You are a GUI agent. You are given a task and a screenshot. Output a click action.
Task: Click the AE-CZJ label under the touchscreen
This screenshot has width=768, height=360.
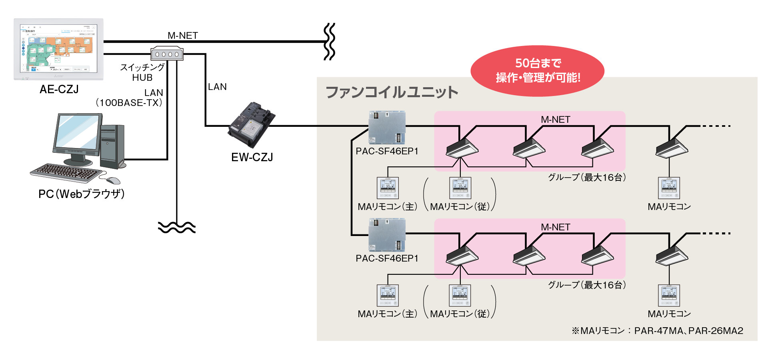[59, 89]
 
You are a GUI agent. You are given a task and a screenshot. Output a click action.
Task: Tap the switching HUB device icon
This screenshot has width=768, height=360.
[167, 54]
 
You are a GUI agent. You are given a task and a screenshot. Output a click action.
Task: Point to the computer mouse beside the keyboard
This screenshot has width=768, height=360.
[114, 180]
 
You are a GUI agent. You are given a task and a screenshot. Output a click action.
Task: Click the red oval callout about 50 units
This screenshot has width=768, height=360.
[538, 70]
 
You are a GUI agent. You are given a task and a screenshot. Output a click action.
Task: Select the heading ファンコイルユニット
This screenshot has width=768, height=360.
[392, 92]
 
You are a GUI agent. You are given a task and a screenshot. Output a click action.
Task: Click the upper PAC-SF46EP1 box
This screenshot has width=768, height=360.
[387, 128]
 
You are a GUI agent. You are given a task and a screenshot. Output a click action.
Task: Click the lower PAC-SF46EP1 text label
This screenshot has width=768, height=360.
[387, 258]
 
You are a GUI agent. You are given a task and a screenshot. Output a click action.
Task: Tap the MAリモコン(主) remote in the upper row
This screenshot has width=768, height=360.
[388, 188]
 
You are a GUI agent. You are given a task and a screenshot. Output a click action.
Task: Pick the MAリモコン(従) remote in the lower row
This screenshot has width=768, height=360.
[460, 296]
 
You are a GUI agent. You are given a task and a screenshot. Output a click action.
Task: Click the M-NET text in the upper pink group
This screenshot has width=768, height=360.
[555, 119]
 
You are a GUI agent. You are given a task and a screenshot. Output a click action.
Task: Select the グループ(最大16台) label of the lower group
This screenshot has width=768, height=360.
[587, 285]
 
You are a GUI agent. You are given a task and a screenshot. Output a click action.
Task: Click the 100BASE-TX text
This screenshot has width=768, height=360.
[129, 103]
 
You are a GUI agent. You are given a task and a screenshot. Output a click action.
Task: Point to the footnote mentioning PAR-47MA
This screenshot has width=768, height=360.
[657, 331]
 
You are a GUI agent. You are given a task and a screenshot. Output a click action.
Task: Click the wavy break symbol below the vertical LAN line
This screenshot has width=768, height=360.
[176, 227]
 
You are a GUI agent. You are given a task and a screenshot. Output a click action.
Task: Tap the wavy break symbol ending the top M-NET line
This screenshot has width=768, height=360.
[329, 42]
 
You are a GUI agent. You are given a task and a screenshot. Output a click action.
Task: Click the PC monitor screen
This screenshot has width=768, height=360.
[77, 132]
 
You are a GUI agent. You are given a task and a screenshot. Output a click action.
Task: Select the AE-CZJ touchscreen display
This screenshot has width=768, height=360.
[58, 48]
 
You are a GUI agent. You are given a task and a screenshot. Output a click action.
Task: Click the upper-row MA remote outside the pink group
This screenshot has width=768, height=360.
[669, 188]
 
